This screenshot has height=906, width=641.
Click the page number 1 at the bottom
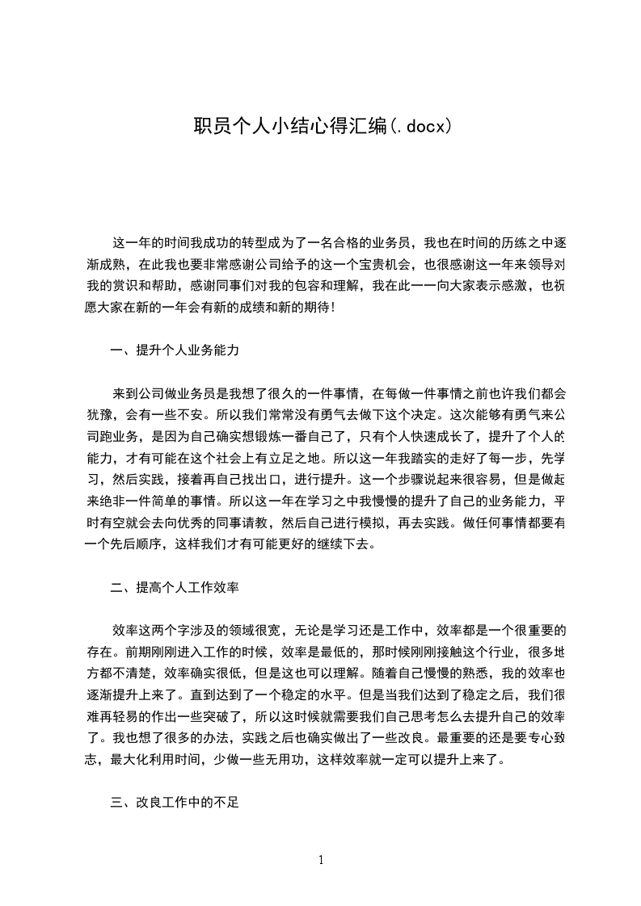(x=321, y=860)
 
